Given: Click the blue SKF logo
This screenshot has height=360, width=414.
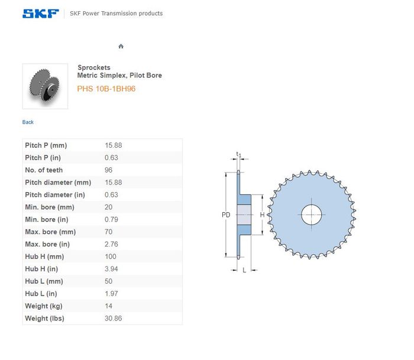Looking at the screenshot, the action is click(41, 14).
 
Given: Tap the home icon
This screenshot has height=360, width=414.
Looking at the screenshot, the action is click(121, 47).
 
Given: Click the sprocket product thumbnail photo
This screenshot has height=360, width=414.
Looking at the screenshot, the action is click(45, 86).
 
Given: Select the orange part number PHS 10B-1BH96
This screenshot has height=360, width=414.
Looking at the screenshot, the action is click(106, 89).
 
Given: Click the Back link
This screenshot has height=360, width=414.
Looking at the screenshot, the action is click(28, 122).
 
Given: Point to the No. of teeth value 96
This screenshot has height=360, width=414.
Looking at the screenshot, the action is click(108, 170).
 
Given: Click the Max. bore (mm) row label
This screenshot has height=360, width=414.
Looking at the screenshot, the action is click(50, 232).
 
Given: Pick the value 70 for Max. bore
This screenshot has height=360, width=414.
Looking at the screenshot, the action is click(108, 232).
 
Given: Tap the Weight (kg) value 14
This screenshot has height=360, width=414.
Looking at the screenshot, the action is click(108, 306).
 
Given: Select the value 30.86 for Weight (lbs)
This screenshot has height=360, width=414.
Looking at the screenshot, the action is click(114, 318).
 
